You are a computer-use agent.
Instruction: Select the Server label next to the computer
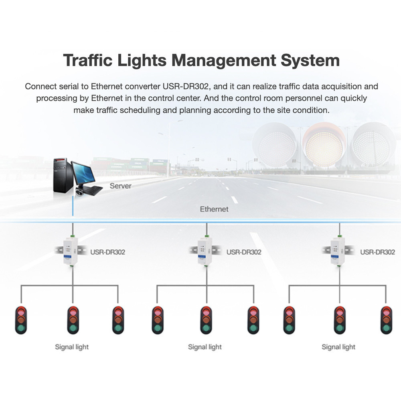point(120,186)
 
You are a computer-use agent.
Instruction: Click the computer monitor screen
point(83,173)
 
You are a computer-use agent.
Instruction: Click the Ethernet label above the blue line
point(214,209)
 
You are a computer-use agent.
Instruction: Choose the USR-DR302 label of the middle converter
point(244,252)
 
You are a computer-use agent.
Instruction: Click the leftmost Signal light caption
point(72,347)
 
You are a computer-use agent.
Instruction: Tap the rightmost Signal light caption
point(338,347)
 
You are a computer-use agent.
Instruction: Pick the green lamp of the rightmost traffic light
point(386,328)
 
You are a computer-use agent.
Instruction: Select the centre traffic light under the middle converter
point(206,320)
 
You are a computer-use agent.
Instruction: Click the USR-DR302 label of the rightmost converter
point(377,252)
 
